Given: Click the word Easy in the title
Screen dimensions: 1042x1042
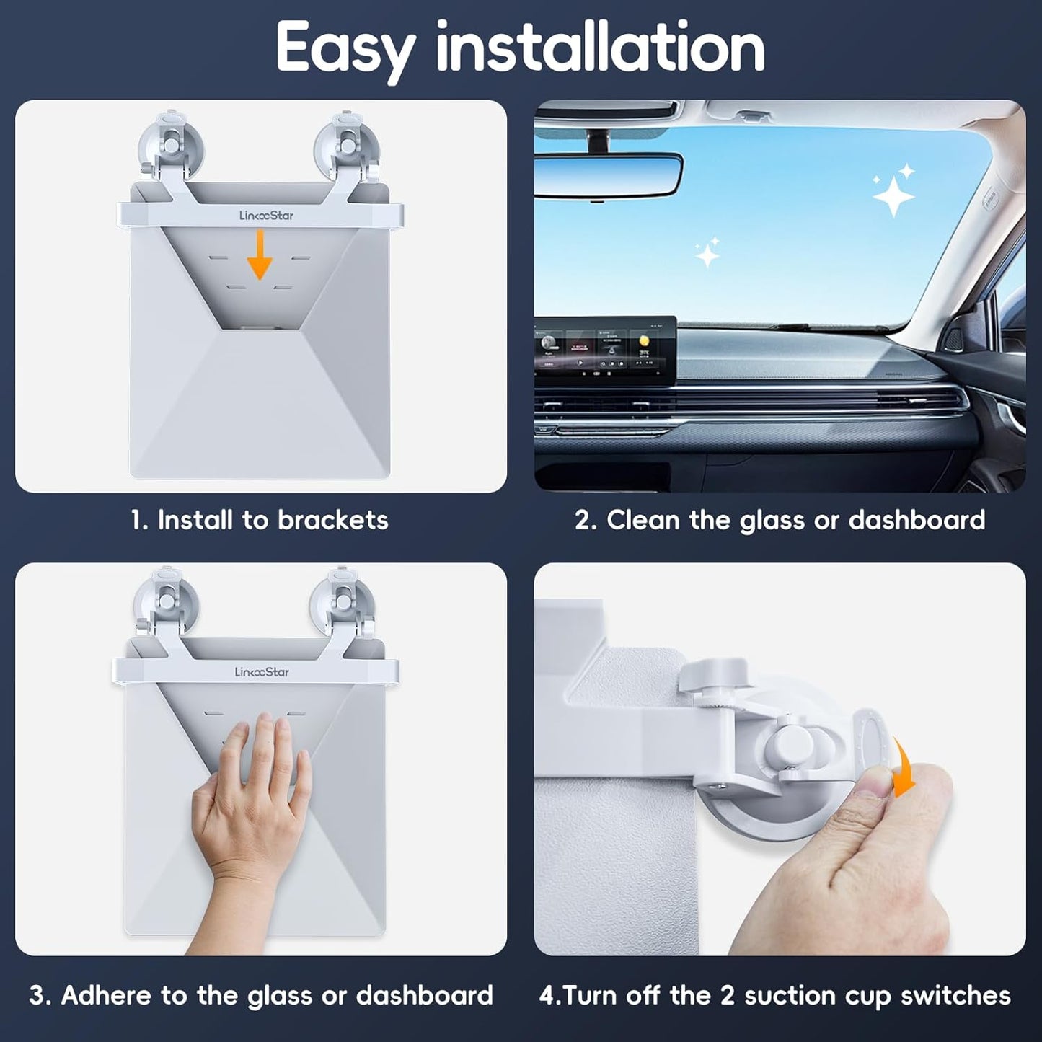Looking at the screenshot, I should pyautogui.click(x=345, y=48).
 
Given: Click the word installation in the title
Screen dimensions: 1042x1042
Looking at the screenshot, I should pyautogui.click(x=600, y=46).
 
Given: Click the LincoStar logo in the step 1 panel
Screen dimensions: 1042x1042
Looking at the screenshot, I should pyautogui.click(x=266, y=215).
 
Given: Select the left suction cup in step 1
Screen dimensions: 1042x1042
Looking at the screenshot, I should pyautogui.click(x=170, y=144).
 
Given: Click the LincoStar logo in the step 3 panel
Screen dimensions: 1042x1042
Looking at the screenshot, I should pyautogui.click(x=261, y=672).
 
